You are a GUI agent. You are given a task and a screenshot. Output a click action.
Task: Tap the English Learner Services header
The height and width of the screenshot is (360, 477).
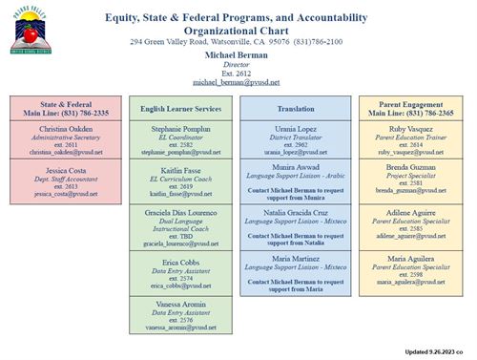[180, 110]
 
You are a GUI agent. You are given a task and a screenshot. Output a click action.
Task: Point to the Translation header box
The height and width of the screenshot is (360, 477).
[296, 110]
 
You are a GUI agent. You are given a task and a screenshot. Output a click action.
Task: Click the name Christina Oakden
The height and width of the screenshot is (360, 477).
[65, 128]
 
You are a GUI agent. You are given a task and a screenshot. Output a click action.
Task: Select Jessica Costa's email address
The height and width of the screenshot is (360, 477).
[65, 194]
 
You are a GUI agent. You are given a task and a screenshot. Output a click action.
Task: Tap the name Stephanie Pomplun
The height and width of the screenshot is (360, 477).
[180, 128]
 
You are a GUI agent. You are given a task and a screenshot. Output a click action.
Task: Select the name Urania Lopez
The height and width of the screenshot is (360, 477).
[296, 128]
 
